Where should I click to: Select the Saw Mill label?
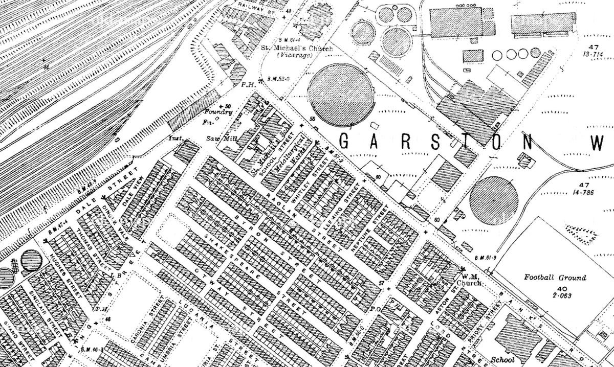point(216,138)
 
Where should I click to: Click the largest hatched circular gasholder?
point(341,95)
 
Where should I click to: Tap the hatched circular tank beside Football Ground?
point(493,199)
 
